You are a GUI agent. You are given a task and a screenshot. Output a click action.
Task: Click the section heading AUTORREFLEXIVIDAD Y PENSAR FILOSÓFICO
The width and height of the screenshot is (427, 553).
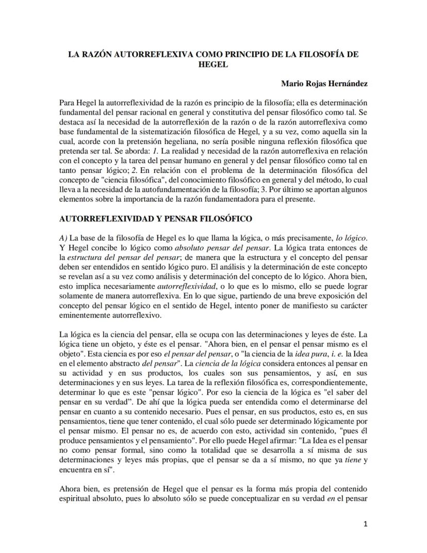[x=156, y=219]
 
